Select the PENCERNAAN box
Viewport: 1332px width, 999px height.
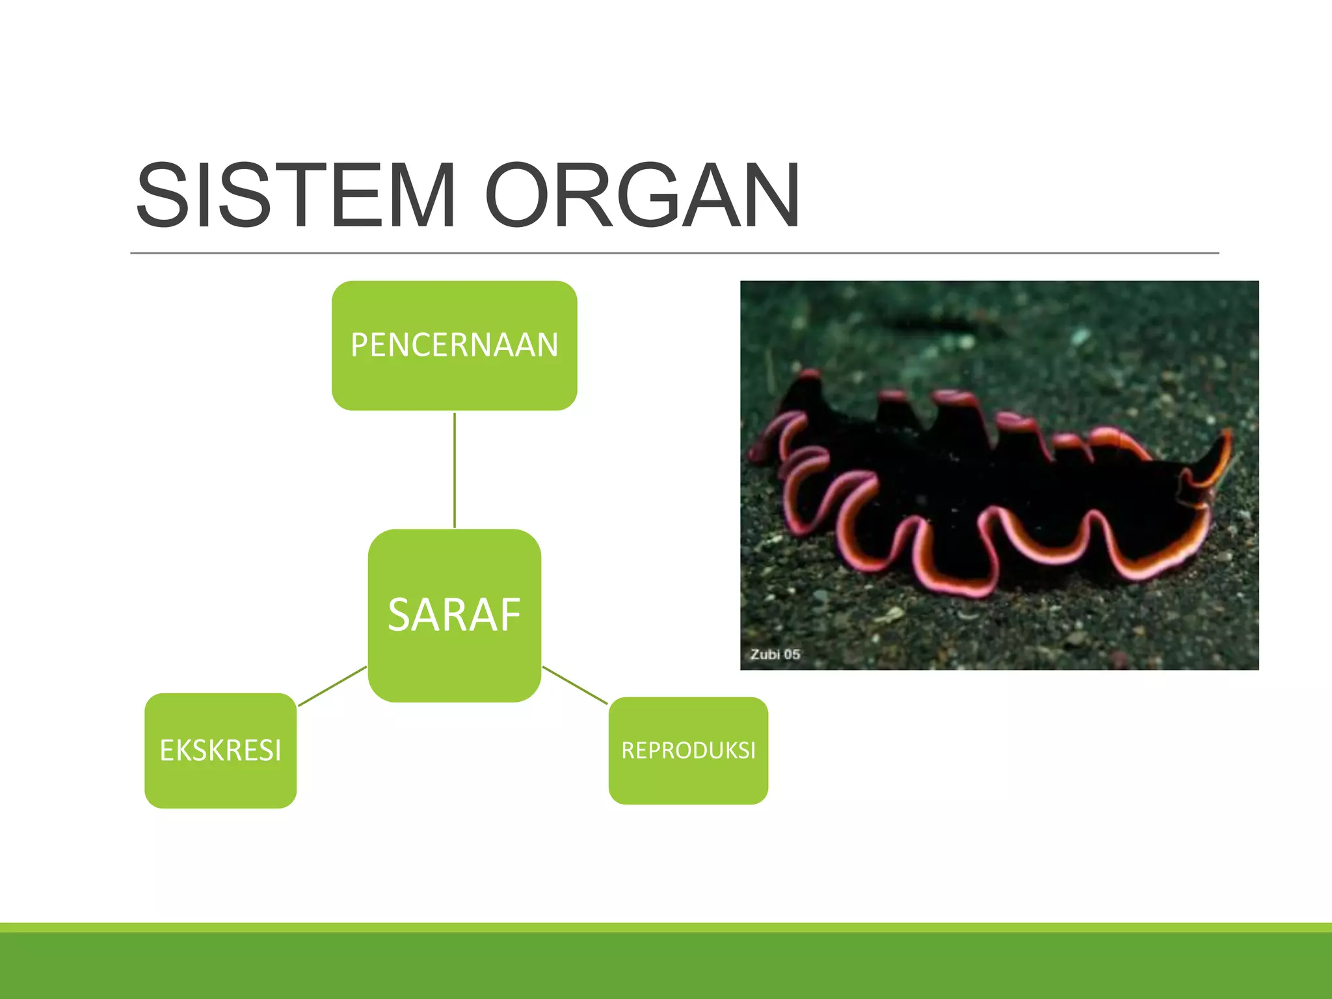tap(454, 345)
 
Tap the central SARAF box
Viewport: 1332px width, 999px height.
tap(454, 615)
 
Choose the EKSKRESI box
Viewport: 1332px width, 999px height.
tap(220, 751)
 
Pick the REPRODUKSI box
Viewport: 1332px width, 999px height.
tap(688, 751)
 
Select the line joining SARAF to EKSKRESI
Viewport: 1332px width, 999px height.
tap(332, 686)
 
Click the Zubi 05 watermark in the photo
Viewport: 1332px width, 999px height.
tap(775, 654)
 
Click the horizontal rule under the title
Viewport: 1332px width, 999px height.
tap(674, 253)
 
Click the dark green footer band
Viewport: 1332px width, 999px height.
tap(666, 965)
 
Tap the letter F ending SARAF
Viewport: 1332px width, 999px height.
tap(510, 615)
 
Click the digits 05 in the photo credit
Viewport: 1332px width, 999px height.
tap(792, 654)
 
